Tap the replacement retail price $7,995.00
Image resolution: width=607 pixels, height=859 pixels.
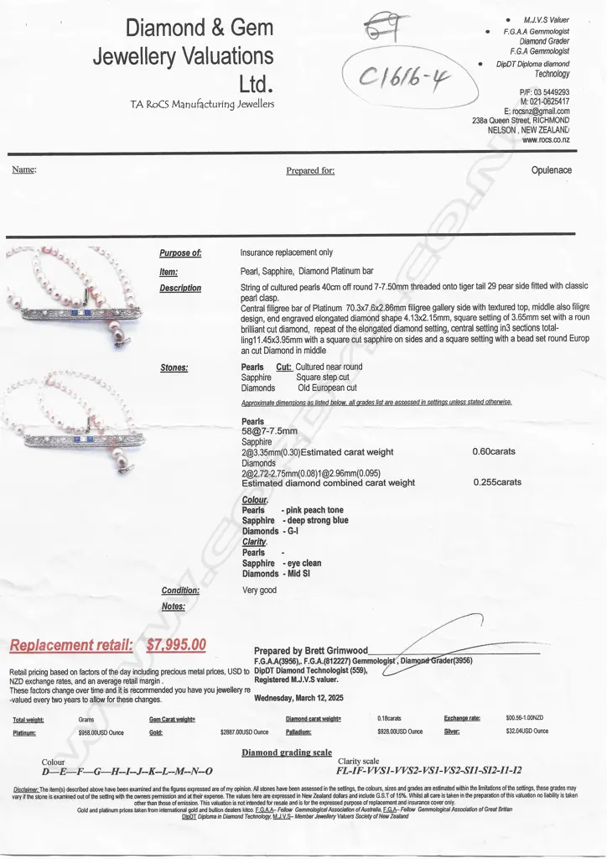(176, 645)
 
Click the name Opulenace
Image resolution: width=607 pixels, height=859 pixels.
(552, 170)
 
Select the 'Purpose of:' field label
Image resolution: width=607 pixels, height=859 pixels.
(180, 252)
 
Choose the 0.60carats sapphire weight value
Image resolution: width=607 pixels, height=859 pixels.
(494, 451)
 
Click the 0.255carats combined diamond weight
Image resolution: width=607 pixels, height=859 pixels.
(497, 482)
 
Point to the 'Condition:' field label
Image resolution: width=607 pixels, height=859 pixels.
(180, 590)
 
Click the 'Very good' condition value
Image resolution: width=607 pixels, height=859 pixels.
(258, 590)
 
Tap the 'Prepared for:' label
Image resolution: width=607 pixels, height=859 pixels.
(310, 170)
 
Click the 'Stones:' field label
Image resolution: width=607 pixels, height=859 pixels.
(174, 367)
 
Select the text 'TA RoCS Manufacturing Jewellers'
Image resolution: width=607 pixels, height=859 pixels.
(201, 104)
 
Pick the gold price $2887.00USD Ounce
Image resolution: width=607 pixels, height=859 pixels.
(247, 731)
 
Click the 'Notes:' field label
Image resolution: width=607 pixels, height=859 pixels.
(173, 606)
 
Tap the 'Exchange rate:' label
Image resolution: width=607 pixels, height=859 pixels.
(462, 719)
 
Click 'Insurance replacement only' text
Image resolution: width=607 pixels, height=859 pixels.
(286, 252)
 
